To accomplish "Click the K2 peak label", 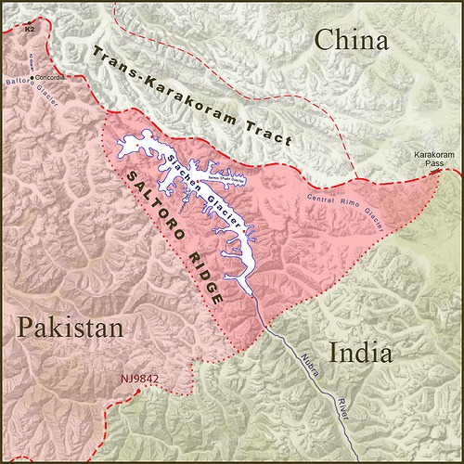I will tap(30, 29).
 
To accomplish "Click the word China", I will tap(350, 41).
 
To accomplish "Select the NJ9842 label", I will tap(139, 380).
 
